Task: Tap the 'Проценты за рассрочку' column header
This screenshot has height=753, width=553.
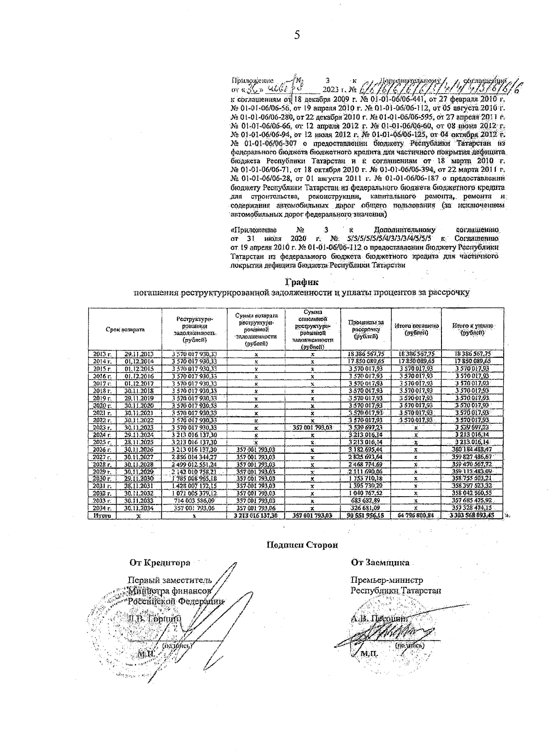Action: point(366,329)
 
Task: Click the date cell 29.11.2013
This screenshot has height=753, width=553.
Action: point(139,354)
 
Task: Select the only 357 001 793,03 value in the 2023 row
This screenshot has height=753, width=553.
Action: point(312,427)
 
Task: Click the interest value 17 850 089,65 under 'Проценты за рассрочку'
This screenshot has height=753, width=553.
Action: point(366,362)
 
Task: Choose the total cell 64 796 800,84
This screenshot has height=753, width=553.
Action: point(416,516)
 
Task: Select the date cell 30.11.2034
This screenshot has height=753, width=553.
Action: point(139,508)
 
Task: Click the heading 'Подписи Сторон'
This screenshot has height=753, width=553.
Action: point(303,545)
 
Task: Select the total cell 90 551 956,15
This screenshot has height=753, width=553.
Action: point(366,516)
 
